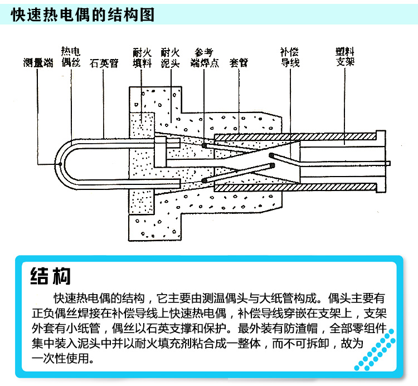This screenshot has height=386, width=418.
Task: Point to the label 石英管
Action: click(104, 62)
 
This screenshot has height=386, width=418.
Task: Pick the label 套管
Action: click(239, 62)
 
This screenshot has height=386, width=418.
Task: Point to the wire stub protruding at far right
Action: click(388, 163)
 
